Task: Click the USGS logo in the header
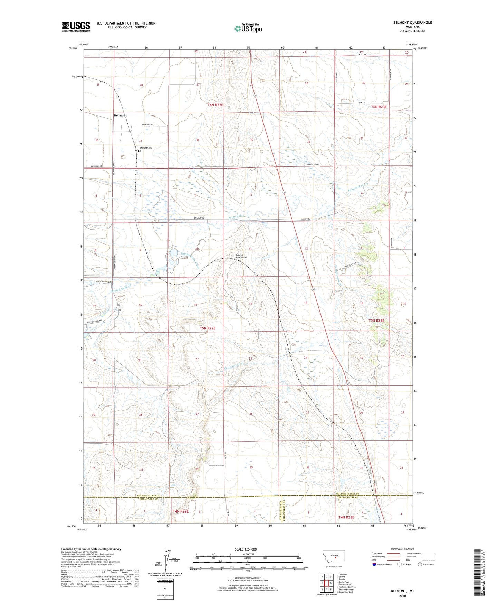pyautogui.click(x=76, y=27)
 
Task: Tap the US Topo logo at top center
pyautogui.click(x=248, y=28)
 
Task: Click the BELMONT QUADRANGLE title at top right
pyautogui.click(x=412, y=23)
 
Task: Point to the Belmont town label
pyautogui.click(x=120, y=116)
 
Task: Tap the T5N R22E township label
pyautogui.click(x=208, y=328)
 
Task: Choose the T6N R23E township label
pyautogui.click(x=379, y=107)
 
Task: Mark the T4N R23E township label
pyautogui.click(x=346, y=517)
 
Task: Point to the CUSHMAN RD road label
pyautogui.click(x=97, y=166)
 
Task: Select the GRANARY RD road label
pyautogui.click(x=199, y=218)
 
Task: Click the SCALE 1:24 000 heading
pyautogui.click(x=246, y=549)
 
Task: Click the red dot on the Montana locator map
pyautogui.click(x=335, y=557)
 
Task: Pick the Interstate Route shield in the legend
pyautogui.click(x=374, y=564)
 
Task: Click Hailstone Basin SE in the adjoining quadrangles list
pyautogui.click(x=346, y=587)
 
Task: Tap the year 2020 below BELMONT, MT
pyautogui.click(x=402, y=596)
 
